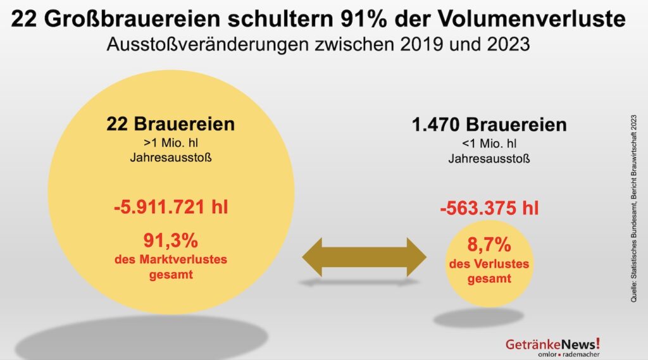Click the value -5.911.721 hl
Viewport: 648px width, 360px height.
click(171, 207)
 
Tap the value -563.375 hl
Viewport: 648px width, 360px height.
click(489, 208)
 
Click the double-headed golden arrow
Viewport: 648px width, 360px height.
click(364, 256)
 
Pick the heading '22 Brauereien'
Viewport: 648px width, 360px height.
click(171, 123)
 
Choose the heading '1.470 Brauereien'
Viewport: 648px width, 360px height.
click(489, 125)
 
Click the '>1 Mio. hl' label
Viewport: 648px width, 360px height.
click(171, 141)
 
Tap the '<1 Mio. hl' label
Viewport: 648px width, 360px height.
click(489, 143)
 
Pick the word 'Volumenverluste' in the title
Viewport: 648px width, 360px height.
click(550, 20)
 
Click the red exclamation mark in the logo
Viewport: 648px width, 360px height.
click(597, 343)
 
